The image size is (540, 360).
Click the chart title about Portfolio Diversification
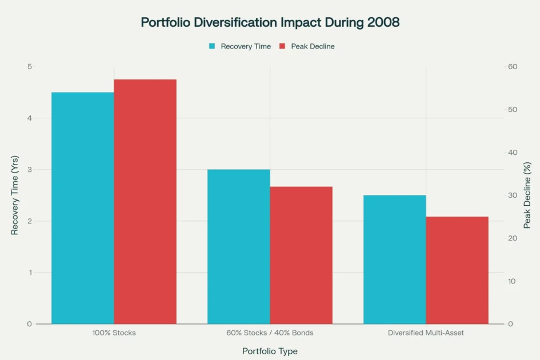click(270, 23)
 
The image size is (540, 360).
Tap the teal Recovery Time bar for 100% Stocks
click(83, 208)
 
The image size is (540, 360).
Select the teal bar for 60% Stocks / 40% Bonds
click(239, 247)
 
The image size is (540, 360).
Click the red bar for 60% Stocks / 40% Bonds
click(301, 255)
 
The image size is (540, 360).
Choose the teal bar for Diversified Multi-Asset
click(395, 259)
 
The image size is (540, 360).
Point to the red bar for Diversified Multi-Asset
click(457, 270)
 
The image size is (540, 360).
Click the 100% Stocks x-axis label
click(114, 333)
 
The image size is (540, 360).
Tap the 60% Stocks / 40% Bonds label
click(270, 333)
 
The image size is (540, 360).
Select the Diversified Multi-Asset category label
click(426, 333)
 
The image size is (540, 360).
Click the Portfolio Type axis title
click(270, 351)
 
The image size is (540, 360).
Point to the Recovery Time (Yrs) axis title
click(15, 195)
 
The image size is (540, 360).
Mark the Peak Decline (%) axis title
click(527, 195)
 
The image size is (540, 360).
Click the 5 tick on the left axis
click(29, 67)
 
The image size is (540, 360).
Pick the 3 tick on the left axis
click(29, 170)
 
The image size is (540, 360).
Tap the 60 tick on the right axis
click(513, 67)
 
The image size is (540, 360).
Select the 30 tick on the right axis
click(513, 195)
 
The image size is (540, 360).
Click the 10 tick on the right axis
click(513, 281)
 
